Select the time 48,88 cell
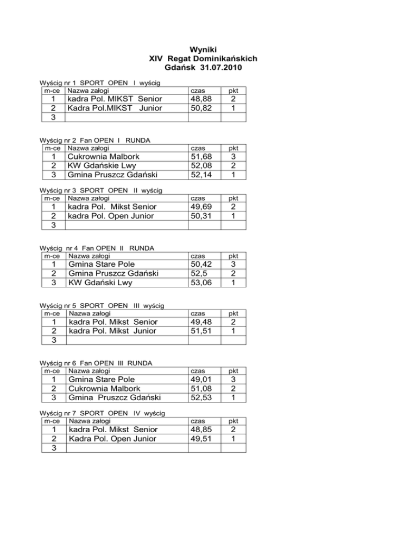[x=200, y=99]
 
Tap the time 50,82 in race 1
[x=200, y=108]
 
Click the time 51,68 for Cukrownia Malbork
[x=200, y=157]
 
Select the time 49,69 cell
[x=200, y=207]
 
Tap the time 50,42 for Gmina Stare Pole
[x=200, y=265]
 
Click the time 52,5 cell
[x=197, y=274]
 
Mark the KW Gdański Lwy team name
[x=100, y=283]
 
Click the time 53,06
[x=200, y=283]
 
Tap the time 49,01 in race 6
[x=200, y=380]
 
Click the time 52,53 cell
[x=200, y=398]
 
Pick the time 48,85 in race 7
[x=200, y=429]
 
